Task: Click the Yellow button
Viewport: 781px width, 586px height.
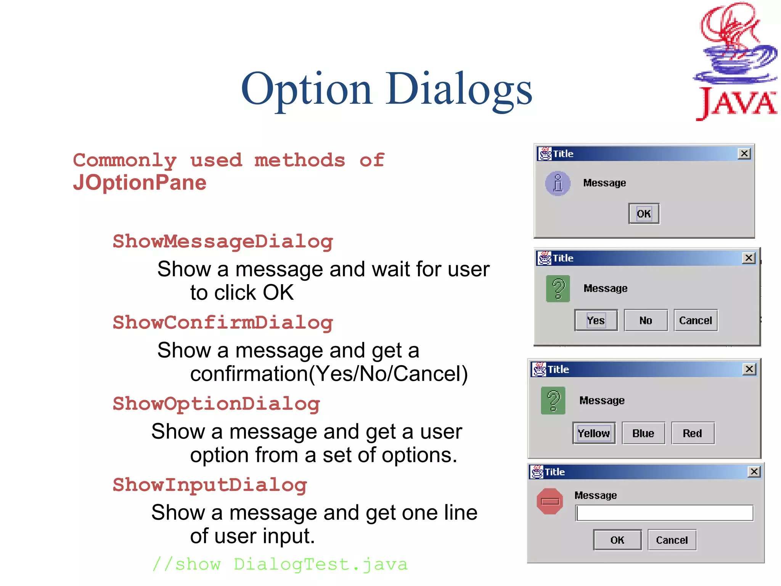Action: pyautogui.click(x=594, y=433)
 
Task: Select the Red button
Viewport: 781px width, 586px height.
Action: pyautogui.click(x=693, y=433)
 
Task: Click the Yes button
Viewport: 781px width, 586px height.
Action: pyautogui.click(x=596, y=320)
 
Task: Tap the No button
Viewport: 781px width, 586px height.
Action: pyautogui.click(x=646, y=320)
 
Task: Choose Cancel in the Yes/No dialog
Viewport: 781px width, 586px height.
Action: pyautogui.click(x=696, y=320)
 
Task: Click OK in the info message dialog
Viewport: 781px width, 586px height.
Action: pyautogui.click(x=644, y=214)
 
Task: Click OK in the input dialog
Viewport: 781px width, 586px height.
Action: pyautogui.click(x=617, y=540)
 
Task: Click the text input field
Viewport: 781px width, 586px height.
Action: pyautogui.click(x=664, y=513)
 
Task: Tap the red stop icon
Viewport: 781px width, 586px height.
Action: pyautogui.click(x=550, y=501)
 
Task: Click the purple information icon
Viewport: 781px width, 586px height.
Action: pyautogui.click(x=558, y=184)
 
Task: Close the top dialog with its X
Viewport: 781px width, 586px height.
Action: pyautogui.click(x=744, y=154)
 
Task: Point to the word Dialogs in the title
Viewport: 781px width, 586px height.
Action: pyautogui.click(x=459, y=90)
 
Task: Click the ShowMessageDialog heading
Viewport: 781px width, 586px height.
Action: pyautogui.click(x=223, y=242)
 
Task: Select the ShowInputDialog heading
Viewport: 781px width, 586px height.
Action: pyautogui.click(x=210, y=485)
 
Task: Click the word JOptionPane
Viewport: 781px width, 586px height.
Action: pyautogui.click(x=140, y=183)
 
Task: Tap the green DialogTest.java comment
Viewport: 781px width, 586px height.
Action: pyautogui.click(x=280, y=564)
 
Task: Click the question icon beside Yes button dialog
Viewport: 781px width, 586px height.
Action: pyautogui.click(x=558, y=289)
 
